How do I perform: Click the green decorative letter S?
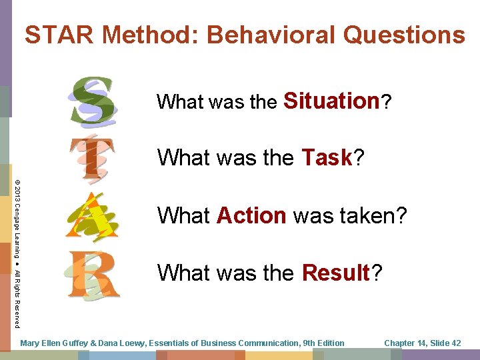(95, 102)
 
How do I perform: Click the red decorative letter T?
(93, 159)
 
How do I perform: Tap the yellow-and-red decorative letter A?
(91, 215)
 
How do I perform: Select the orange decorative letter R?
(93, 273)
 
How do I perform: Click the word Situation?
(331, 101)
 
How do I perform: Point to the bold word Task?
(326, 158)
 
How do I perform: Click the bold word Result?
(335, 273)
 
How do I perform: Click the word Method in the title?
(151, 35)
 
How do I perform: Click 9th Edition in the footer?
(323, 343)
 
